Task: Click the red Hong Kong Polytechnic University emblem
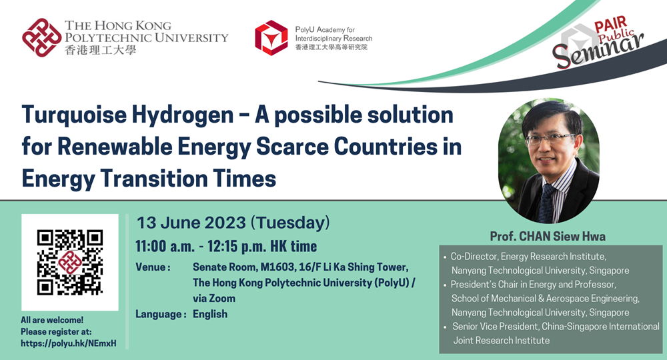pyautogui.click(x=41, y=37)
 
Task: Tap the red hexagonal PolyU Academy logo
pyautogui.click(x=271, y=38)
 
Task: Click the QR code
pyautogui.click(x=70, y=262)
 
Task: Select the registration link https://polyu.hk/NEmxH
pyautogui.click(x=69, y=343)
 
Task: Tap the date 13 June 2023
pyautogui.click(x=191, y=223)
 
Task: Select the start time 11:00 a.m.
pyautogui.click(x=165, y=246)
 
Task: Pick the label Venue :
pyautogui.click(x=153, y=267)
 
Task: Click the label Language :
pyautogui.click(x=161, y=315)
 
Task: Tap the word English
pyautogui.click(x=210, y=314)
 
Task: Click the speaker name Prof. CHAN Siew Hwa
pyautogui.click(x=548, y=236)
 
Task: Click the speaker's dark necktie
pyautogui.click(x=546, y=203)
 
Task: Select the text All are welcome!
pyautogui.click(x=52, y=320)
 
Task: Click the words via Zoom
pyautogui.click(x=214, y=299)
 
